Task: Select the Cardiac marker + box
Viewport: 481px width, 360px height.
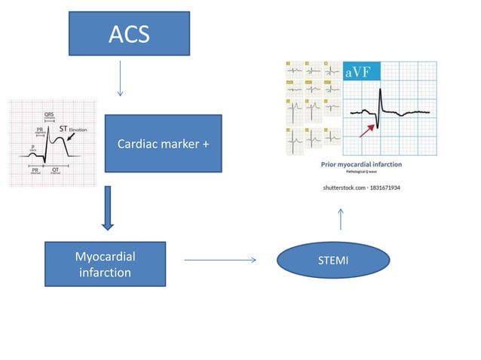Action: pyautogui.click(x=163, y=144)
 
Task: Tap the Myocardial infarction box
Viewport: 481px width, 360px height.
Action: pyautogui.click(x=105, y=264)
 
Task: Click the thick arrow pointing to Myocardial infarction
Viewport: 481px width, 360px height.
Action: pyautogui.click(x=108, y=209)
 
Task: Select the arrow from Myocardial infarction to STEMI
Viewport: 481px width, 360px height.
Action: pyautogui.click(x=219, y=261)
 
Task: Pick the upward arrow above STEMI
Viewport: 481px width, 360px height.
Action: pyautogui.click(x=342, y=219)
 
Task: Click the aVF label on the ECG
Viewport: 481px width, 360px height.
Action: pyautogui.click(x=358, y=72)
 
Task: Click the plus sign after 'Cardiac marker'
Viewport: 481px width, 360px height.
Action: pyautogui.click(x=205, y=144)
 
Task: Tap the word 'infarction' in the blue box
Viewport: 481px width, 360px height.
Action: pyautogui.click(x=105, y=272)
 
